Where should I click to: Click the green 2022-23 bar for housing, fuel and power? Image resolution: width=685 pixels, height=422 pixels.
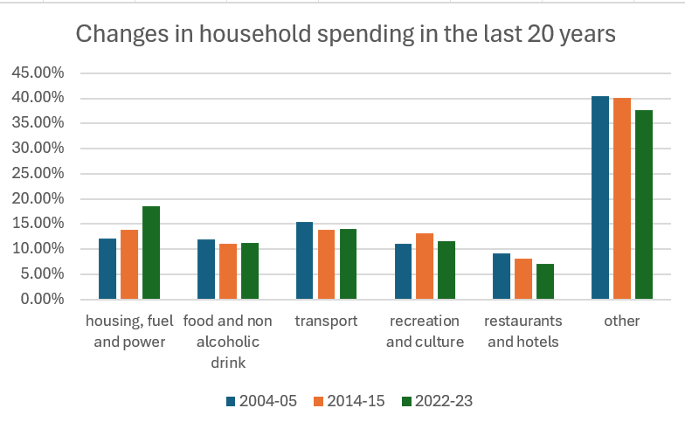tap(151, 253)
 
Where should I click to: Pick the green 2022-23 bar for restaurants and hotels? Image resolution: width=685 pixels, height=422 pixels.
tap(545, 281)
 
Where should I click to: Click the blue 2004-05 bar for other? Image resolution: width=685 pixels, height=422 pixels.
tap(600, 197)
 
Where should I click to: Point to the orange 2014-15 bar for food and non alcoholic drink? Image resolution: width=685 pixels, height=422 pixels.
tap(228, 271)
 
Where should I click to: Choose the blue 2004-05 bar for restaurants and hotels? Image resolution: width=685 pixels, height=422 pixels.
tap(502, 276)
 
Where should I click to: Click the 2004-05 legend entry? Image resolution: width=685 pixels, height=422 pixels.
tap(261, 401)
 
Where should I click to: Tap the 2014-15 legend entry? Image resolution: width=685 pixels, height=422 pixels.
tap(349, 401)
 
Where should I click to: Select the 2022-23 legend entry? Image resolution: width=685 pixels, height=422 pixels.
tap(436, 401)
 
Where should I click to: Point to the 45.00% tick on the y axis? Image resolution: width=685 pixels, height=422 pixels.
tap(38, 72)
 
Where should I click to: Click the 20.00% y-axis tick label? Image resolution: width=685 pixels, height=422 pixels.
tap(38, 198)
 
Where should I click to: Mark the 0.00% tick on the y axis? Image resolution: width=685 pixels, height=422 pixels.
tap(41, 299)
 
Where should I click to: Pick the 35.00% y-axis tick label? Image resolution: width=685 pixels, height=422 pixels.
tap(38, 122)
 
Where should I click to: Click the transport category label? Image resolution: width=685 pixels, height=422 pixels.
tap(326, 321)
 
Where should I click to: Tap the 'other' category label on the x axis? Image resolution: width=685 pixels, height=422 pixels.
tap(621, 321)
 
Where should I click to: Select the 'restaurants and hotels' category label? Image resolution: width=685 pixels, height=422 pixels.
tap(523, 330)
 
